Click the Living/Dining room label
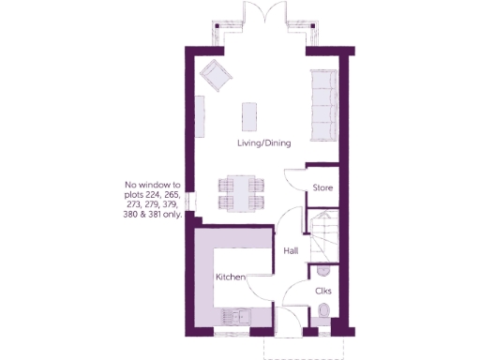coord(263,143)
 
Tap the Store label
coord(323,188)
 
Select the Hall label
coord(291,250)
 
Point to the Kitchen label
coord(231,277)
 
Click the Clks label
coord(323,290)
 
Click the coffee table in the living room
coord(248,115)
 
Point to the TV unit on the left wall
coord(200,116)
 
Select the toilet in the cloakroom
coord(324,313)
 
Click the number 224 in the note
coord(162,194)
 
